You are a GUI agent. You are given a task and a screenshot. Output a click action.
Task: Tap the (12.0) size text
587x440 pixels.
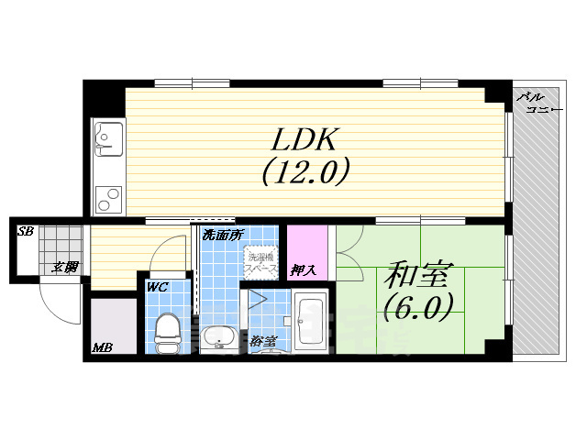(x=306, y=171)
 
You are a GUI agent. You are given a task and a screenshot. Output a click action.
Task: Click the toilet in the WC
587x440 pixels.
(x=168, y=332)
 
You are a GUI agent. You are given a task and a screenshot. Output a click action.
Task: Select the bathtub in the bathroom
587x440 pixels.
(x=309, y=322)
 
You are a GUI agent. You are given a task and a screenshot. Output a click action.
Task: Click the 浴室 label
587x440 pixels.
(x=262, y=342)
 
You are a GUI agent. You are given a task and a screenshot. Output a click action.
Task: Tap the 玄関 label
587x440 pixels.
(x=64, y=267)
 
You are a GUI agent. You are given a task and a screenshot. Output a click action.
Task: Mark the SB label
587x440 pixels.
(x=26, y=231)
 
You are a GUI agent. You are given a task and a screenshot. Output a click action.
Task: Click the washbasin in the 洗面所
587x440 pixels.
(x=218, y=337)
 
